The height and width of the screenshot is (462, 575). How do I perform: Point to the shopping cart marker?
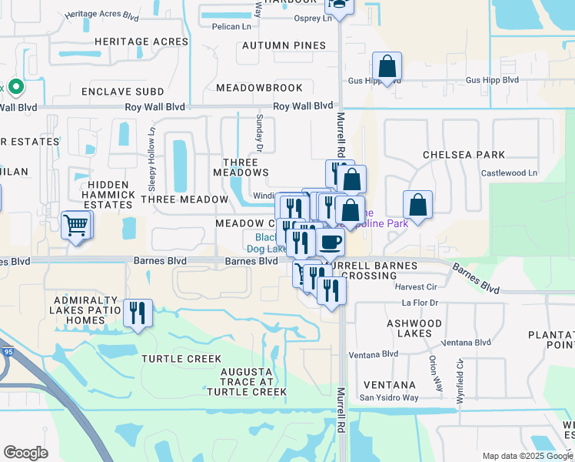click(76, 226)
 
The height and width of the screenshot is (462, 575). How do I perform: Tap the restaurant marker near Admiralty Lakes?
click(138, 313)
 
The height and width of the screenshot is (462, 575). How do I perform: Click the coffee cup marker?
click(331, 242)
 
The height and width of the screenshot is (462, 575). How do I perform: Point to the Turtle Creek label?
click(181, 359)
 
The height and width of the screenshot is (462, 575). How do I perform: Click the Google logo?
click(25, 453)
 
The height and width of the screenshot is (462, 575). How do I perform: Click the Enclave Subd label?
click(123, 92)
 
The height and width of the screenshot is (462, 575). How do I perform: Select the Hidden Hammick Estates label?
click(108, 195)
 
